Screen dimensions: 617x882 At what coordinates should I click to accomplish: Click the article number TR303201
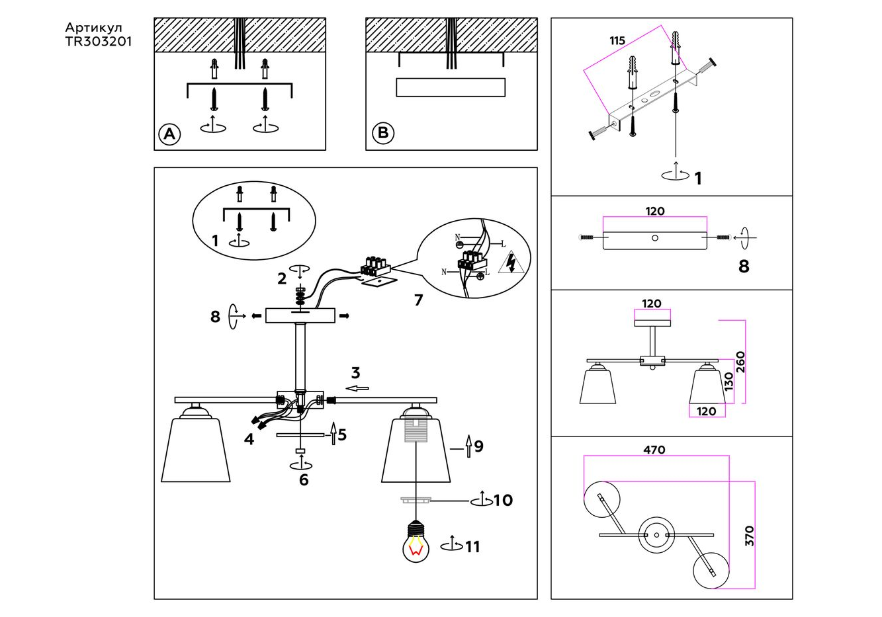coord(99,41)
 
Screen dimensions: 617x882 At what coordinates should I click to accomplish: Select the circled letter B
coord(382,134)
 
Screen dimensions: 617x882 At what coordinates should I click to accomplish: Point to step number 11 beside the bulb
coord(472,547)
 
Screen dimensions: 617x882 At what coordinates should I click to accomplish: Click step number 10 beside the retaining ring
coord(503,500)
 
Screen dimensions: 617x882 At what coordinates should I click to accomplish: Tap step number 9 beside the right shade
coord(478,446)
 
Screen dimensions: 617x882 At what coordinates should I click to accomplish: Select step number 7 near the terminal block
coord(418,300)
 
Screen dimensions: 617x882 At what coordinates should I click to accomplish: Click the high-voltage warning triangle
coord(513,263)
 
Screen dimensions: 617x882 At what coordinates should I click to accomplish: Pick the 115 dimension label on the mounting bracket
coord(617,41)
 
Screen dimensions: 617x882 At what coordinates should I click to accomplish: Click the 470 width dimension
coord(654,450)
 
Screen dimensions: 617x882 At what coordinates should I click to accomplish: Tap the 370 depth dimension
coord(750,536)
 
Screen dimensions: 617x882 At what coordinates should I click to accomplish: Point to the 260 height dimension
coord(740,362)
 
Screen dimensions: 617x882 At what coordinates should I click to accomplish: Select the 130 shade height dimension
coord(729,382)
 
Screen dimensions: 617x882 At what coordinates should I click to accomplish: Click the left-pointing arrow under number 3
coord(358,388)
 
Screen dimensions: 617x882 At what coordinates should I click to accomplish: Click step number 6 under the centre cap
coord(304,480)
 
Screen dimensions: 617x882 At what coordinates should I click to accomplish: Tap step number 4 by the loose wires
coord(249,439)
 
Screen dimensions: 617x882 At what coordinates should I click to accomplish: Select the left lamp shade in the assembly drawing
coord(195,450)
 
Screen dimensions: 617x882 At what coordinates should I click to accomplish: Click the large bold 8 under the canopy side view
coord(744,267)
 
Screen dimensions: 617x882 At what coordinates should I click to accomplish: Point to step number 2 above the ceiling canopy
coord(282,278)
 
